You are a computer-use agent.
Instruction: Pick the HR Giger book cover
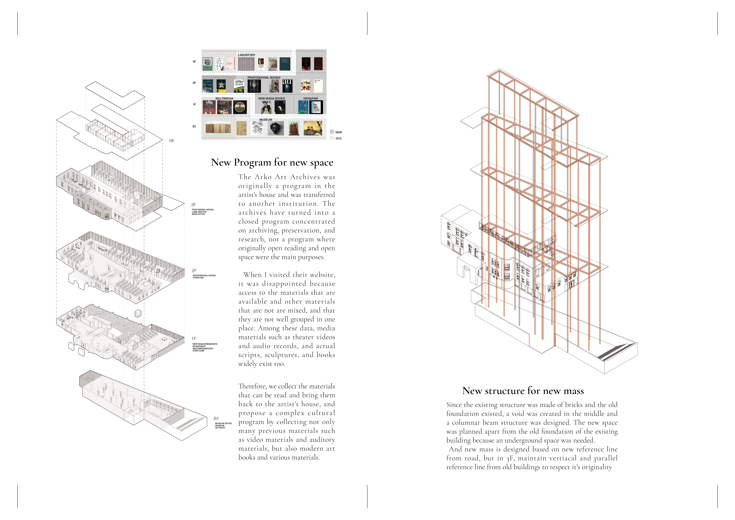click(254, 86)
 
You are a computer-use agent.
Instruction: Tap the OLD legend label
click(338, 138)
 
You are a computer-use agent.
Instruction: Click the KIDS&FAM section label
click(311, 99)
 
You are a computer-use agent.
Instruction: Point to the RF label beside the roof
click(172, 141)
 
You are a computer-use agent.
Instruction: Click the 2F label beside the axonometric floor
click(194, 271)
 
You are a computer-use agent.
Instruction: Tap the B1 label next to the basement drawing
click(216, 418)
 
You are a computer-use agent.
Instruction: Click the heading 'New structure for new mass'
click(523, 391)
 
